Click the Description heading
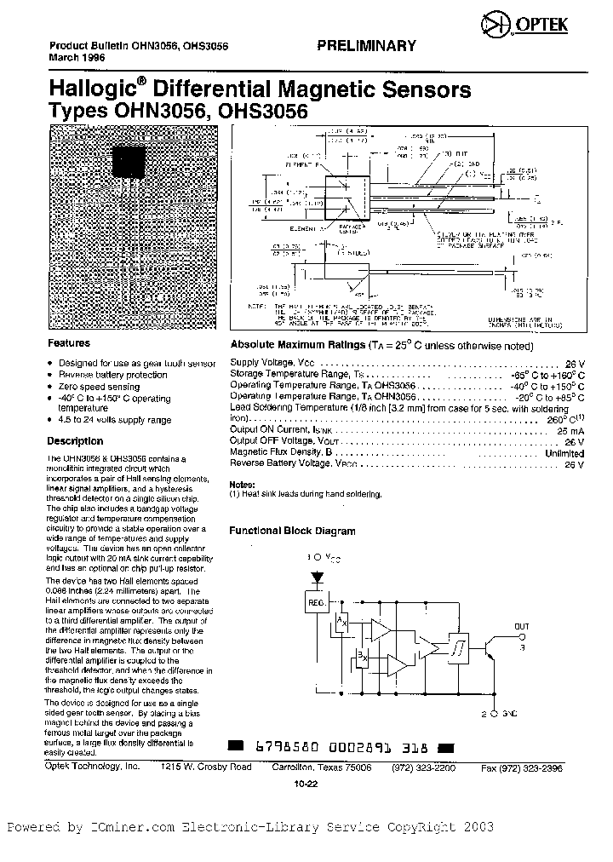click(75, 441)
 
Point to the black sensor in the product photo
click(130, 161)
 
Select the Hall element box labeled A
click(342, 624)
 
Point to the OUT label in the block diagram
click(522, 626)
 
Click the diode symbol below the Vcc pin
click(318, 577)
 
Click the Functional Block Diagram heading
click(292, 531)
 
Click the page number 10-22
click(305, 784)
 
